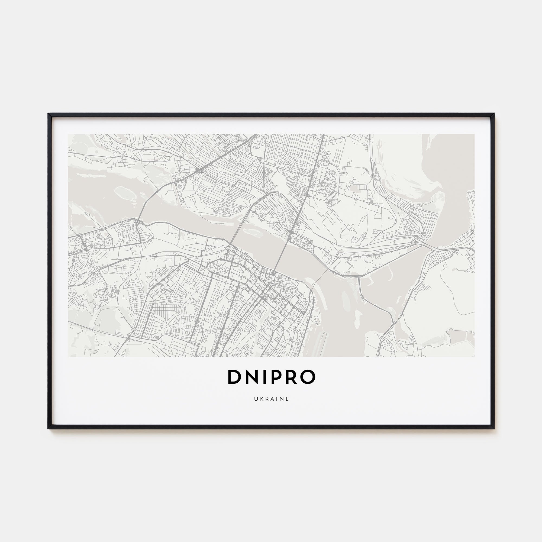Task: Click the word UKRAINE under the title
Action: [x=271, y=399]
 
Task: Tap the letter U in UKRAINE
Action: [x=256, y=399]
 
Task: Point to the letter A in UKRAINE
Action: [x=272, y=399]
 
